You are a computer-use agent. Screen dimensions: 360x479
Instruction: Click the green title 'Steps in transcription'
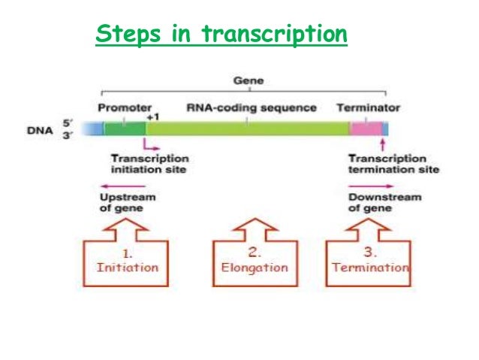(221, 35)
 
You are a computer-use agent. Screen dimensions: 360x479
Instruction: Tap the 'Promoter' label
(125, 107)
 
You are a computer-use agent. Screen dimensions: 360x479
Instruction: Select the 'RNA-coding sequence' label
(252, 107)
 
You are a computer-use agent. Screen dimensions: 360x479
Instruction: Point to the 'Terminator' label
(368, 107)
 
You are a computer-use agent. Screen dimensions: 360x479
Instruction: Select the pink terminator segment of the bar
(366, 129)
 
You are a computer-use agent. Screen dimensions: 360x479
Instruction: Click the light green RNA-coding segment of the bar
(248, 129)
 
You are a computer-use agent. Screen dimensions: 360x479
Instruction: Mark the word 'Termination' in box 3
(371, 267)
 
